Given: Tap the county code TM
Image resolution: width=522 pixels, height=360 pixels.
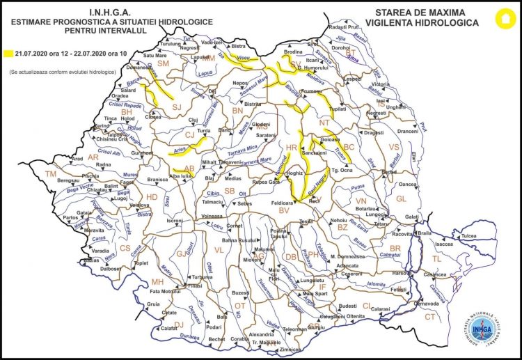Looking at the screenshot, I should click(50, 173).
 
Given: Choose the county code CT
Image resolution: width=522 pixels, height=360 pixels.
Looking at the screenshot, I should click(429, 317).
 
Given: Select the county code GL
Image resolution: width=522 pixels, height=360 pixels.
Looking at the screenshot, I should click(400, 198).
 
